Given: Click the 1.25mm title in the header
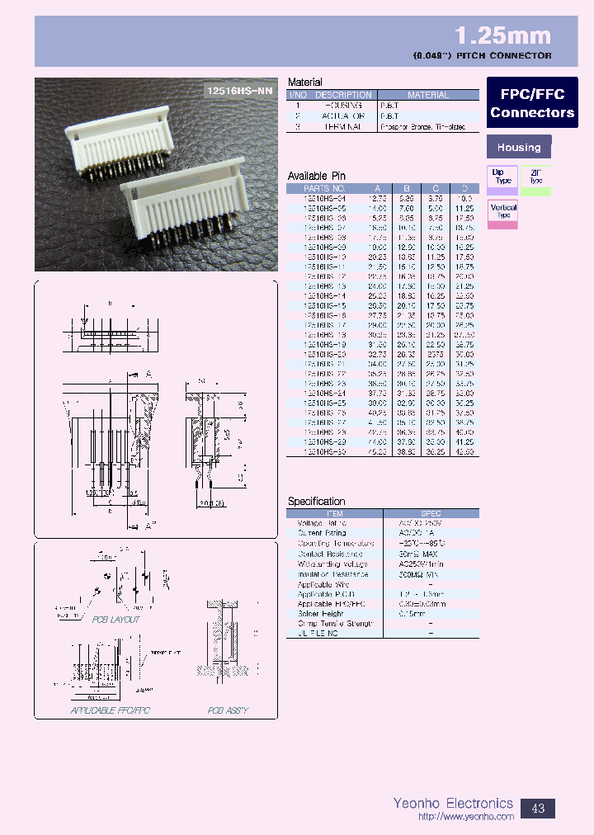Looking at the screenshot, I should [503, 35].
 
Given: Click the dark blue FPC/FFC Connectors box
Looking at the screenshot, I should [531, 103].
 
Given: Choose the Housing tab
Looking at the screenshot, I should [519, 148].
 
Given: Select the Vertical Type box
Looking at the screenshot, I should [502, 212].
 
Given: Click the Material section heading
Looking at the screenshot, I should [304, 83].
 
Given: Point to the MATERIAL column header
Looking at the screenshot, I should [428, 95].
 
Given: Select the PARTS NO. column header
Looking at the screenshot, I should [325, 187].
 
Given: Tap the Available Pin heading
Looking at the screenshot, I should [316, 176].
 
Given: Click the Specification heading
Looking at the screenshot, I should [316, 501].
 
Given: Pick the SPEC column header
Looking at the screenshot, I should [431, 512].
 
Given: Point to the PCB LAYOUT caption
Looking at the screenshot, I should [115, 619].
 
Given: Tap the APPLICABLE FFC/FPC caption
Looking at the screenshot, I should [111, 710].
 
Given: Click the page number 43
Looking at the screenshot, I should [538, 808].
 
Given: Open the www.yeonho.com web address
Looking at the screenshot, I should [466, 817].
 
